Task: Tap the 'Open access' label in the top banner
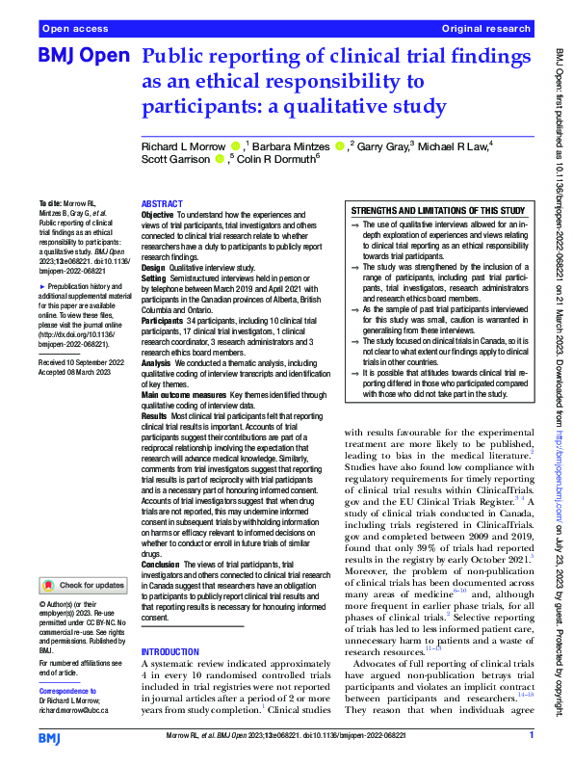72,30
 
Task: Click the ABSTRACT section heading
161,205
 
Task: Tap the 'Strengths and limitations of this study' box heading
437,210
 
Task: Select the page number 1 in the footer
532,735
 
